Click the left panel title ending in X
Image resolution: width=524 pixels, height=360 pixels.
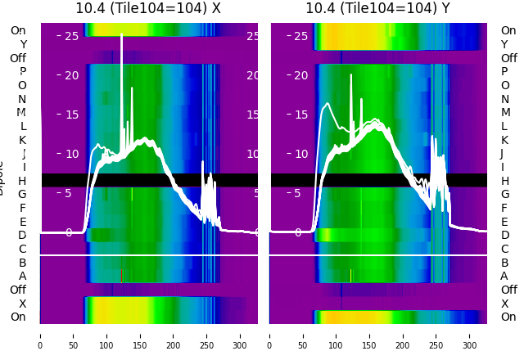coord(148,8)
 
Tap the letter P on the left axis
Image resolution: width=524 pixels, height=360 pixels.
coord(22,72)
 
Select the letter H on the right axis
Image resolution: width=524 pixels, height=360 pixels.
coord(504,181)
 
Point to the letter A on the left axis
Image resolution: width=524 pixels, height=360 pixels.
coord(22,276)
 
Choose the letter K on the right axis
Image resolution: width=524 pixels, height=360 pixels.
coord(504,140)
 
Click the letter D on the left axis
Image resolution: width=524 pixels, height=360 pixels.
coord(22,235)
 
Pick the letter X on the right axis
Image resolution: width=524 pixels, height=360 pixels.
coord(504,304)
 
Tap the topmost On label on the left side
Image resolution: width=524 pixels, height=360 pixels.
coord(17,31)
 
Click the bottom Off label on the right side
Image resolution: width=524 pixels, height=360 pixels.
coord(508,290)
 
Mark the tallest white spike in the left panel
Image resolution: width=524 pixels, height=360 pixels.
coord(121,37)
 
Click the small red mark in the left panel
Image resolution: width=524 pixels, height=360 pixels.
coord(121,276)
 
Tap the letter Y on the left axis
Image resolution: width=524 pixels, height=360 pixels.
coord(22,45)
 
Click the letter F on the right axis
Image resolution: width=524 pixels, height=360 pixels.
coord(504,208)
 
